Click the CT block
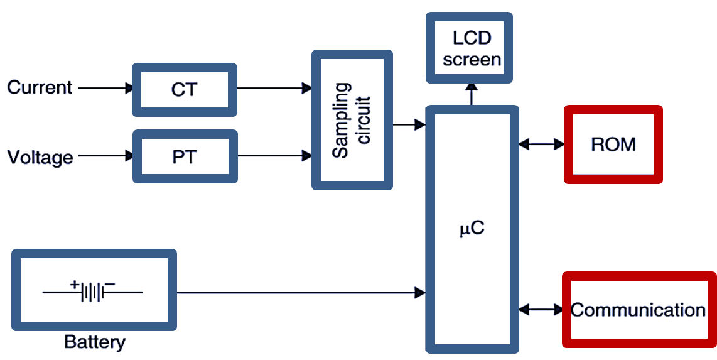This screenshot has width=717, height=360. coord(185,90)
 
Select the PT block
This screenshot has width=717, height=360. coord(185,156)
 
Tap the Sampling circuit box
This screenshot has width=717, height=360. coord(352,120)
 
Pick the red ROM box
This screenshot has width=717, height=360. coord(613,145)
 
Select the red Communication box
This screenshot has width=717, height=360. coord(639,310)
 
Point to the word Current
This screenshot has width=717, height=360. coord(40,87)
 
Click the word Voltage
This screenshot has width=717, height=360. coord(40,156)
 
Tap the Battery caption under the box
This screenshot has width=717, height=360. coord(94,342)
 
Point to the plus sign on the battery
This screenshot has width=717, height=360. coord(75,285)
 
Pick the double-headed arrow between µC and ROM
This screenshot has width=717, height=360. coord(541,145)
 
